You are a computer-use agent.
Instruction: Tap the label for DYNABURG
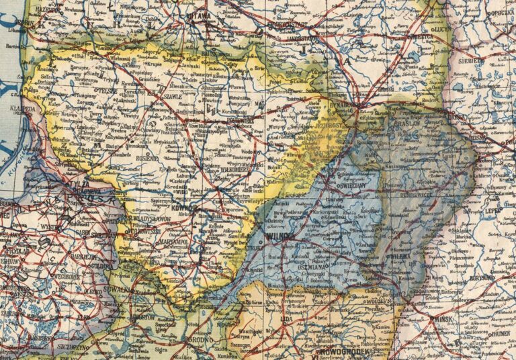coord(345,104)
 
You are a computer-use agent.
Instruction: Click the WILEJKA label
coord(402,256)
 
